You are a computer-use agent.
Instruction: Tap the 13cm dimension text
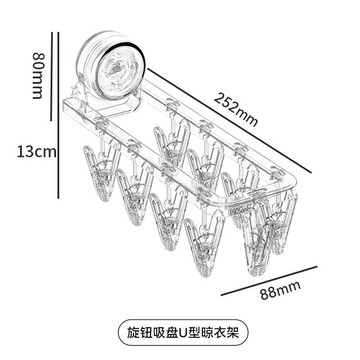pyautogui.click(x=37, y=152)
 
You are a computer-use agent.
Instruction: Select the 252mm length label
pyautogui.click(x=236, y=109)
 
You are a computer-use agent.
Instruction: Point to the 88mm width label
pyautogui.click(x=281, y=290)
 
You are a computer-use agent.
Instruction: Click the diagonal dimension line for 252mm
pyautogui.click(x=230, y=121)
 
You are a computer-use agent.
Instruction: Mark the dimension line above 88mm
pyautogui.click(x=269, y=281)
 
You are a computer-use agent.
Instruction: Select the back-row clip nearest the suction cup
pyautogui.click(x=172, y=141)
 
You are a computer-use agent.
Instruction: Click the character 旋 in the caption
pyautogui.click(x=134, y=332)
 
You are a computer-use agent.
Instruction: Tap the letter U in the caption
pyautogui.click(x=184, y=332)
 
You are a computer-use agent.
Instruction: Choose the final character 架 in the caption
pyautogui.click(x=233, y=332)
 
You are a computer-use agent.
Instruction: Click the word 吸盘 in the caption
pyautogui.click(x=165, y=332)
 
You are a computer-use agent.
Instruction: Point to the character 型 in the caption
pyautogui.click(x=196, y=332)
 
